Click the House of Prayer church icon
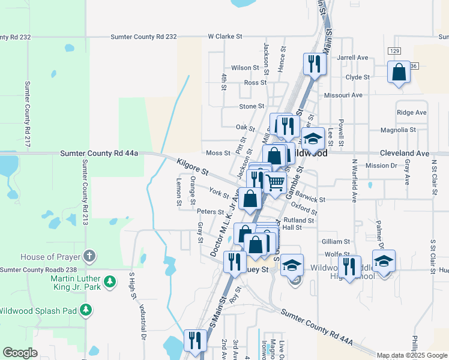point(89,256)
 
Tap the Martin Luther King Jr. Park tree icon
point(109,281)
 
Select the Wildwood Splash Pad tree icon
point(86,310)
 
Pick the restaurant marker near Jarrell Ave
point(315,62)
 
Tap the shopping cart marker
point(275,182)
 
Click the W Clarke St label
point(224,37)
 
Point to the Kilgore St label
point(193,167)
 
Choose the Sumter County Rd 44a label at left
point(99,154)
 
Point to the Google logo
point(20,353)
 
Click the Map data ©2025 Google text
point(412,355)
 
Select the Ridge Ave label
point(412,112)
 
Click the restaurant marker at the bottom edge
point(194,340)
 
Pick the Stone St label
point(252,106)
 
